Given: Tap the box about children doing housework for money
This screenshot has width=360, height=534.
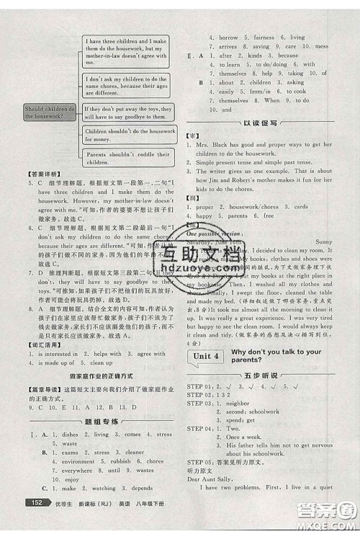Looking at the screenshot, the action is [129, 135].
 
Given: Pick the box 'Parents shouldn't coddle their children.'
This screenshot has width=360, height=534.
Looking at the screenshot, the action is [129, 158].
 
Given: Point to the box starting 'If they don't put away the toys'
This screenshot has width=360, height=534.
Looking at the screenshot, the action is [129, 112].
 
